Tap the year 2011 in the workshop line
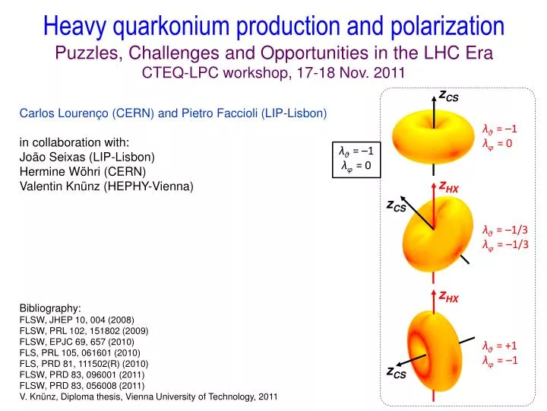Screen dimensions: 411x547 tap(389, 72)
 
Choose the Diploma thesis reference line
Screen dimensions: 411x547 tap(148, 397)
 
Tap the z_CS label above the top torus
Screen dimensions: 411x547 tap(448, 95)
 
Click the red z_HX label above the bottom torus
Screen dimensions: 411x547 tap(448, 295)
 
